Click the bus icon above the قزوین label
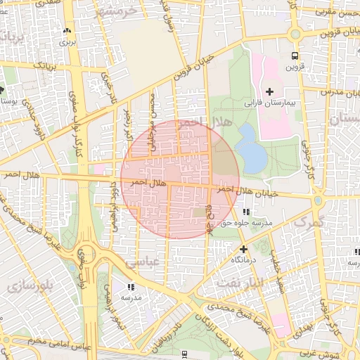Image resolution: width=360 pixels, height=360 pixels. [294, 56]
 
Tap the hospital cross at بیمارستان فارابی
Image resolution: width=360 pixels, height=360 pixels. [270, 91]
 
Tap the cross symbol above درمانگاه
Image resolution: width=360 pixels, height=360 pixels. [243, 249]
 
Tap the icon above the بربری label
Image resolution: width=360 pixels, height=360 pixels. [67, 31]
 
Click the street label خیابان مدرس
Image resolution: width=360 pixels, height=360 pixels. [340, 92]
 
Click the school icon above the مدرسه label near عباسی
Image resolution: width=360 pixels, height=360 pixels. [130, 287]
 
